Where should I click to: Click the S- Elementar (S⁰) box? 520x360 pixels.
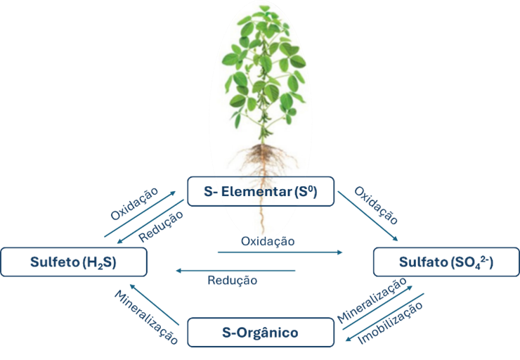tap(261, 191)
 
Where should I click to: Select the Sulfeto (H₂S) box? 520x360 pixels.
tap(74, 262)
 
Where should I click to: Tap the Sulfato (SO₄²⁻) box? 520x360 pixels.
tap(446, 262)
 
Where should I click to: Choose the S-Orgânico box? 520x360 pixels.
tap(261, 333)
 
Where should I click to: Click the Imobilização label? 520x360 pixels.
tap(390, 323)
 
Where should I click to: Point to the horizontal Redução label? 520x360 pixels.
tap(232, 281)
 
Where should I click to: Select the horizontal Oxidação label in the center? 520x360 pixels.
tap(268, 241)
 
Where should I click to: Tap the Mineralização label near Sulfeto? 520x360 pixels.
tap(146, 317)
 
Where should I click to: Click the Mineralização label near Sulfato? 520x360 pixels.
tap(372, 300)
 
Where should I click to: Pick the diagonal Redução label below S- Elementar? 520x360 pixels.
tap(161, 226)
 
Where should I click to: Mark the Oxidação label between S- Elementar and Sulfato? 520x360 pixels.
tap(376, 205)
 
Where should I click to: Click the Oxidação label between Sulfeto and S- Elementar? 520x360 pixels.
tap(134, 204)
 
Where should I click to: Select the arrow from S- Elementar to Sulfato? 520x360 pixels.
tap(368, 216)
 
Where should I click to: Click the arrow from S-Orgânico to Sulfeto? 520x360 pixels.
tap(154, 304)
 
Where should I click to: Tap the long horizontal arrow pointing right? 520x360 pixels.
tap(280, 252)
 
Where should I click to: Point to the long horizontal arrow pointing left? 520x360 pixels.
tap(235, 271)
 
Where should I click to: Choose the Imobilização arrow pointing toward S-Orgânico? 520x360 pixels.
tap(384, 317)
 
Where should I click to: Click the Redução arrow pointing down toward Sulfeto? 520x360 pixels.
tap(150, 221)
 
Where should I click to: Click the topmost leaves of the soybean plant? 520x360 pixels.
tap(264, 13)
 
